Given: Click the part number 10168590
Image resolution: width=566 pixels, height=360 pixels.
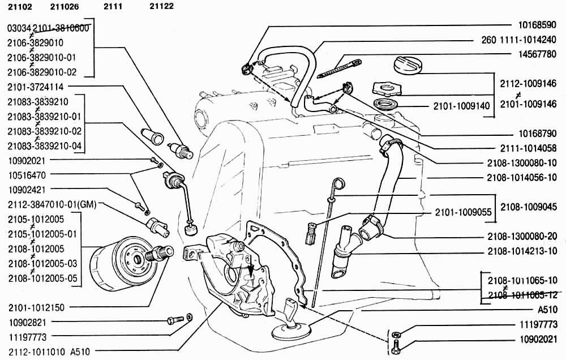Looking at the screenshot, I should pos(538,25).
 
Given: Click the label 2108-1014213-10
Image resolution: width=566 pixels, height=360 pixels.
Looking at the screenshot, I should pos(522,251).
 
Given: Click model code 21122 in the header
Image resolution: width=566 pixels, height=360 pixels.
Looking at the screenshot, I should pos(162,7).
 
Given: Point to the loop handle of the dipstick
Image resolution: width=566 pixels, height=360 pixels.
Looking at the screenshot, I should pos(338,183).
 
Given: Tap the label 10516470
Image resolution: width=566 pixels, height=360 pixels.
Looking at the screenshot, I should pos(27,175).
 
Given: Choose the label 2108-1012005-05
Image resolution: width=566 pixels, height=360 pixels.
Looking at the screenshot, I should pos(42,278).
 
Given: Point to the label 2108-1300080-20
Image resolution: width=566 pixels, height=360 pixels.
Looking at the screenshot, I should pos(522,237).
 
